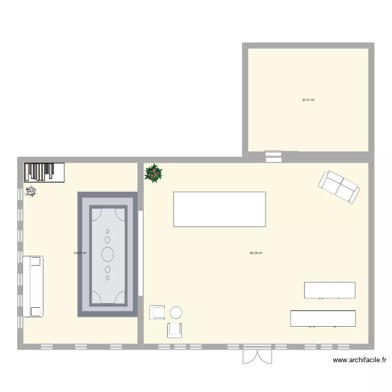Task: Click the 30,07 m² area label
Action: [308, 99]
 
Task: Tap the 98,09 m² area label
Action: [256, 253]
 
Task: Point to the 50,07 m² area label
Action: [80, 253]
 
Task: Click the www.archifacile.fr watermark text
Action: [361, 360]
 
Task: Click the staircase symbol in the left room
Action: [44, 172]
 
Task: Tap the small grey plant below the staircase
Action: [31, 192]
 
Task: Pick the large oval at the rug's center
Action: [108, 255]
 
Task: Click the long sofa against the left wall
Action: [32, 286]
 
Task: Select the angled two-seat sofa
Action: [338, 187]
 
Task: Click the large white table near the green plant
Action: [220, 209]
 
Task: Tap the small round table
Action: [176, 313]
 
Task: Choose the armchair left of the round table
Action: [157, 313]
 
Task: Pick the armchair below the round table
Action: [175, 330]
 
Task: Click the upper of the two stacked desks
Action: [330, 290]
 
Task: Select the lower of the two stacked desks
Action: [323, 318]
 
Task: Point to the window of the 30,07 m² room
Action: [273, 155]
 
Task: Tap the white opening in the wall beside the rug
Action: [141, 253]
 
